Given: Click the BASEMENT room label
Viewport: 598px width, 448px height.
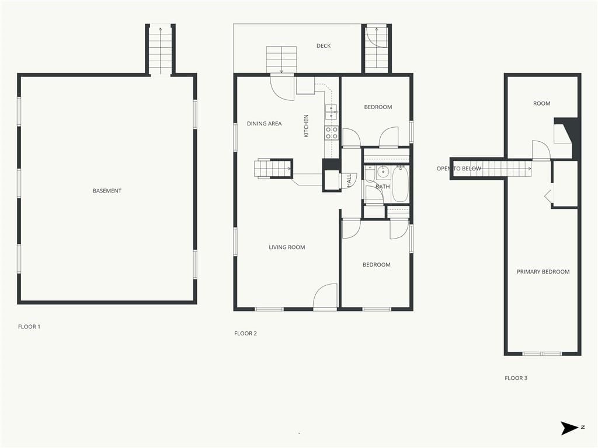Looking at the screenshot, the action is pos(107,191).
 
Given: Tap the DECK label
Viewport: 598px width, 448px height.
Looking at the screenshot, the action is pos(324,45).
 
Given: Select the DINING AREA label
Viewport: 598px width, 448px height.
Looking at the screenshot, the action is pos(265,124).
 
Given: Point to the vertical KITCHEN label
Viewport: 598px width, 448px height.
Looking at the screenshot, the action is pos(306,126).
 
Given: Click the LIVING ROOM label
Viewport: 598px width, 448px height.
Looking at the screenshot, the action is pos(287,247).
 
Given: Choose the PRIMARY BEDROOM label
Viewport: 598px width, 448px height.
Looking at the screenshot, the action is pos(543,272).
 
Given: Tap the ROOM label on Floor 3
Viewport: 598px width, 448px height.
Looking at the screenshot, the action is pos(541,103).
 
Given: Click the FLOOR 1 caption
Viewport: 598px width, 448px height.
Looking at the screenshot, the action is pos(29,327).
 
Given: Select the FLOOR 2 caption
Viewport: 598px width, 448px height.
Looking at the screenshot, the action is pos(246,333).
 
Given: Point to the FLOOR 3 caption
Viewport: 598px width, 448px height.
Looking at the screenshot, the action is pos(516,378).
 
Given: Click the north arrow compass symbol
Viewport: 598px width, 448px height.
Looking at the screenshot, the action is pos(569,428).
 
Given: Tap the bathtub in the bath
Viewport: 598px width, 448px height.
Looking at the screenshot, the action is pos(400,184).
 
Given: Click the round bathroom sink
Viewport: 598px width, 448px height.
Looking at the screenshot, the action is pos(383,173).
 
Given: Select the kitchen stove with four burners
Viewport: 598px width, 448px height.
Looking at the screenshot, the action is pos(331,133).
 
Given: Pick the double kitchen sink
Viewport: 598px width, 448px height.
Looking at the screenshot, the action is pos(331,113).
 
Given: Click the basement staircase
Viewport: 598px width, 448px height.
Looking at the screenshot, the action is pos(160,50).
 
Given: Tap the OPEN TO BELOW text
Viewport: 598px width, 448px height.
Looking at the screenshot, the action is pos(459,169).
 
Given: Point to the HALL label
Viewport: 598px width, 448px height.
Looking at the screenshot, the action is pos(349,181).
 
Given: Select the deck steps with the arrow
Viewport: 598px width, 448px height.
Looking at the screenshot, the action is pos(281,60).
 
